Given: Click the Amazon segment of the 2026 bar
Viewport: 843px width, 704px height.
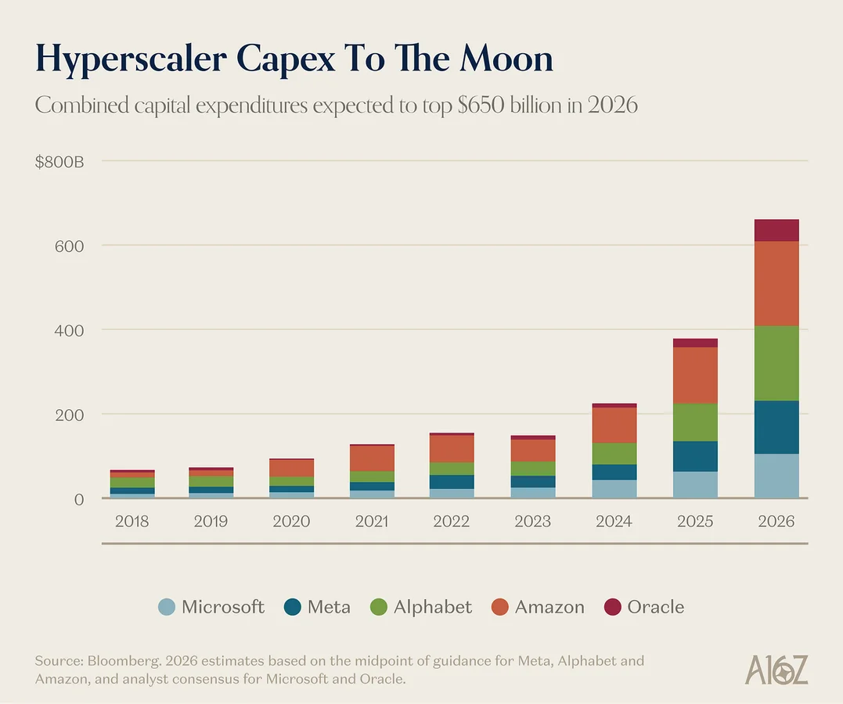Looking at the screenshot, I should point(776,283).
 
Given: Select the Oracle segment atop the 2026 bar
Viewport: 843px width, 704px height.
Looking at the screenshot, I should point(776,231).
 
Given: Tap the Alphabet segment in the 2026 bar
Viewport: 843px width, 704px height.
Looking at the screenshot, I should point(776,363).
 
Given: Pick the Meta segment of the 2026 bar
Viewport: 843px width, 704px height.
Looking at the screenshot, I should point(776,427).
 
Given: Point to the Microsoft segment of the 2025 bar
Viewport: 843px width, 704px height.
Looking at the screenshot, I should point(695,484).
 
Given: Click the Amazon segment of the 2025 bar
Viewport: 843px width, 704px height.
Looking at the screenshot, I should point(695,375).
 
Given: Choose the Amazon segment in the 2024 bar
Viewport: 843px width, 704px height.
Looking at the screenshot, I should point(614,425).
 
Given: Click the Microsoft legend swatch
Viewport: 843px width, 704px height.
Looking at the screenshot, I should point(167,607).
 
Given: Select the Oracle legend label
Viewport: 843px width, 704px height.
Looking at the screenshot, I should point(655,607).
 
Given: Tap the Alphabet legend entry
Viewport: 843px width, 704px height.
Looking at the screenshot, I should point(432,607).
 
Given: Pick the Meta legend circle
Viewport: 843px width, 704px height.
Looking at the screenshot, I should point(293,607).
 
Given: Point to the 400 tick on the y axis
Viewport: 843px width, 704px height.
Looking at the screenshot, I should point(67,330).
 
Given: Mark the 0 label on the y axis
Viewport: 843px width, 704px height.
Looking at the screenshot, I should point(77,499).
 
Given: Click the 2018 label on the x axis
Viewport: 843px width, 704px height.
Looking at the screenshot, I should point(131,522).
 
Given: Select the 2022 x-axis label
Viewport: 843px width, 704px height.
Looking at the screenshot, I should point(452,522).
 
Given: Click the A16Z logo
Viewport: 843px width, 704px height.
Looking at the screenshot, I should point(776,670).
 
